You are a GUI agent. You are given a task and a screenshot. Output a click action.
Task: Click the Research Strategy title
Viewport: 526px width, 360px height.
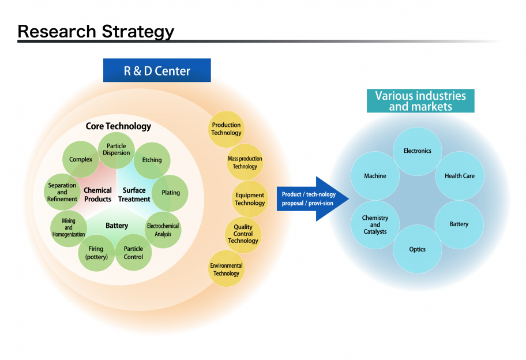[x=96, y=31]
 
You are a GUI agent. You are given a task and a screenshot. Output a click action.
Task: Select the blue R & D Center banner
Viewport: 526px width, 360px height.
[x=157, y=71]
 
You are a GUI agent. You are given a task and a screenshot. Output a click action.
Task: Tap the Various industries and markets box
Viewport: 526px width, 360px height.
[x=420, y=101]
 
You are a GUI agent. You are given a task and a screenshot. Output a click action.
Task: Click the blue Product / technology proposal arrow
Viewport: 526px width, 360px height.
[x=311, y=198]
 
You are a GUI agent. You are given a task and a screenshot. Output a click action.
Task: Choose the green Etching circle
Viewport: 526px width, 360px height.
[x=152, y=160]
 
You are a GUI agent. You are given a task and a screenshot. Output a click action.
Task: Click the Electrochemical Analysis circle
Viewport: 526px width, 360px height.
[x=163, y=230]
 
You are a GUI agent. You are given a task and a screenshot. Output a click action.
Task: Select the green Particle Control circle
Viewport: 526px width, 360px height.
[x=133, y=253]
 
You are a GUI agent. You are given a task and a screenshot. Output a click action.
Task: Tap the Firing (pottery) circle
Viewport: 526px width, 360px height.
[x=96, y=253]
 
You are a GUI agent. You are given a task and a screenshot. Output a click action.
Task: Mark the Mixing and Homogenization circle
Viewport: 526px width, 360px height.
[x=69, y=227]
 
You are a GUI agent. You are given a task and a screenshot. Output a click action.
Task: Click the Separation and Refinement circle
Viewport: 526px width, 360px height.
[x=62, y=192]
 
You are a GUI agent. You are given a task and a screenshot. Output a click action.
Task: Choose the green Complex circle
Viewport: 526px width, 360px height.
[x=81, y=159]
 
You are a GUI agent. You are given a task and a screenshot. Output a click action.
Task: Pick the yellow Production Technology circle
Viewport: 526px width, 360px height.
[x=226, y=129]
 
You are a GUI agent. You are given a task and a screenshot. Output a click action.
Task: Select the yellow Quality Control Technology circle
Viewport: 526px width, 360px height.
[x=243, y=234]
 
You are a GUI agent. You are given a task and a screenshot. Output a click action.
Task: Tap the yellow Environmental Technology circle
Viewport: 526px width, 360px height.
[x=226, y=269]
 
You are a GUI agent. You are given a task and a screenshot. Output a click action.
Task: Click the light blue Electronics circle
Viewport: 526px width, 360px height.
[x=417, y=151]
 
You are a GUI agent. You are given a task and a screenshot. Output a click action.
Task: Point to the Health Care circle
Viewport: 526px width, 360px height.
[x=459, y=175]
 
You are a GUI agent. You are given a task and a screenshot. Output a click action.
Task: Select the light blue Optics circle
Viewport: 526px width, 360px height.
[x=417, y=249]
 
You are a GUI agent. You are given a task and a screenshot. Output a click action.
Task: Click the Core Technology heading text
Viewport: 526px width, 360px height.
[x=118, y=126]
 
